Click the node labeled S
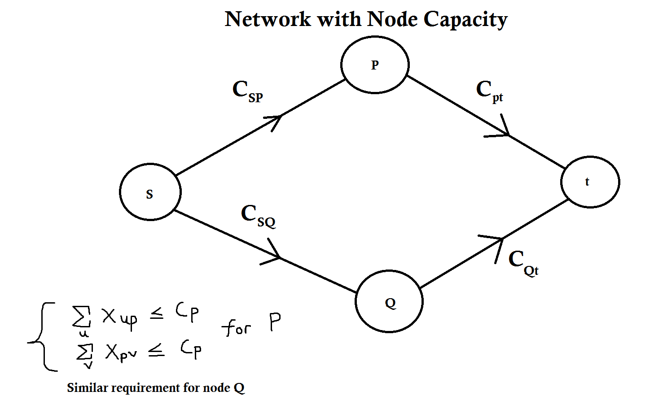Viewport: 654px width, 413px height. pyautogui.click(x=150, y=192)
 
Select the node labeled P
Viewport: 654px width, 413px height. pyautogui.click(x=375, y=65)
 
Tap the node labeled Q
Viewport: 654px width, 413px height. pyautogui.click(x=389, y=301)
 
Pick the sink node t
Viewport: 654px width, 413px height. pyautogui.click(x=590, y=182)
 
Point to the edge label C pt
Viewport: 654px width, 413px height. pyautogui.click(x=490, y=91)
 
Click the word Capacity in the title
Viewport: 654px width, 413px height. pyautogui.click(x=465, y=20)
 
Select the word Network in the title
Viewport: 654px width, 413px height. pyautogui.click(x=268, y=19)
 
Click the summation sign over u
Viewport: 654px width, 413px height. pyautogui.click(x=82, y=317)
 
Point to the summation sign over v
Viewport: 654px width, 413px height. pyautogui.click(x=85, y=352)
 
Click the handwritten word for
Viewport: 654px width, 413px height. pyautogui.click(x=236, y=328)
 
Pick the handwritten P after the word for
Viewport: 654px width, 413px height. pyautogui.click(x=275, y=322)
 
